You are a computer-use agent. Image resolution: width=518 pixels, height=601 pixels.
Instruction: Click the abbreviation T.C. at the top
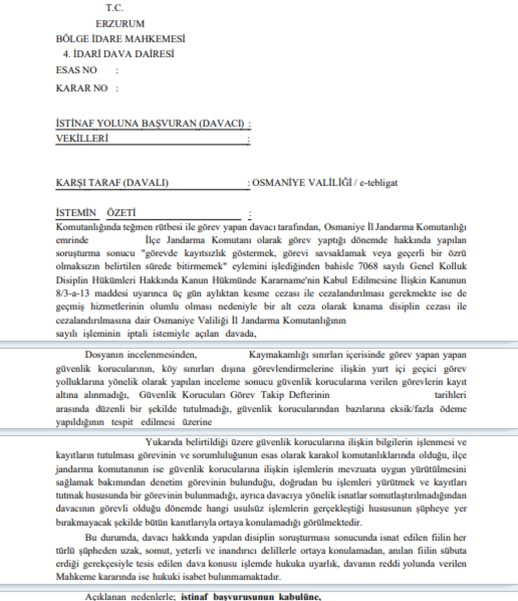[x=115, y=8]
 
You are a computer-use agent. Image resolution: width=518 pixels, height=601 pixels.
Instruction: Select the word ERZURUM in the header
[x=120, y=23]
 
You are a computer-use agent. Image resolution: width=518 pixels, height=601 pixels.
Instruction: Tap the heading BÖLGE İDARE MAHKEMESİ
[x=120, y=38]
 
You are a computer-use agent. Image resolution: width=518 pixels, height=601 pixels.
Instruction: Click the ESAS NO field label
[x=76, y=70]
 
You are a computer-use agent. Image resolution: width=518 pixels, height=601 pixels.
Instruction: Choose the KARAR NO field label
[x=82, y=88]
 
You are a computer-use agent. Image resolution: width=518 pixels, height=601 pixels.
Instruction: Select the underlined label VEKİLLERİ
[x=82, y=138]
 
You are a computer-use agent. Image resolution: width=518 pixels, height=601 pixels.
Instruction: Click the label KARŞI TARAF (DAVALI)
[x=112, y=183]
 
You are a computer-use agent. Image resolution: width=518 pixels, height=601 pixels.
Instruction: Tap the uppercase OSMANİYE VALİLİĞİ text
[x=301, y=183]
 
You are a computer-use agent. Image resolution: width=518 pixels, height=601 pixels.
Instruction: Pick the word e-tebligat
[x=378, y=183]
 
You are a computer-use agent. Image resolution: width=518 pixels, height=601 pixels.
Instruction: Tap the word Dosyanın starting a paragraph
[x=106, y=354]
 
